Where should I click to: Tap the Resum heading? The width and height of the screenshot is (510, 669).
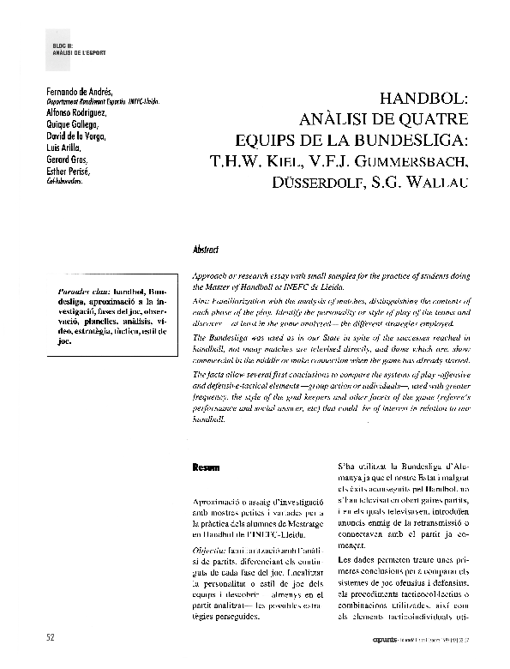(x=206, y=468)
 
